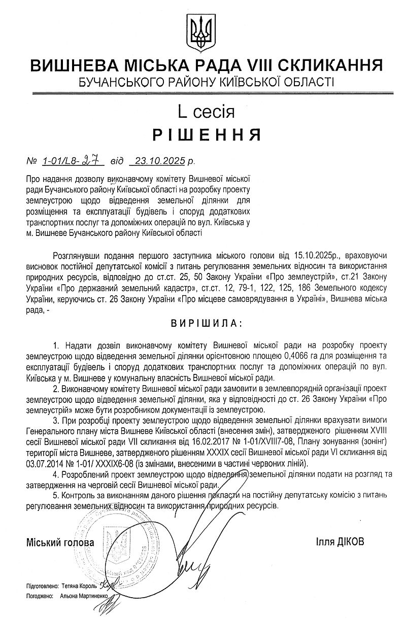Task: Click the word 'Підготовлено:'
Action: (x=42, y=585)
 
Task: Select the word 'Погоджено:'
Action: (x=40, y=598)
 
